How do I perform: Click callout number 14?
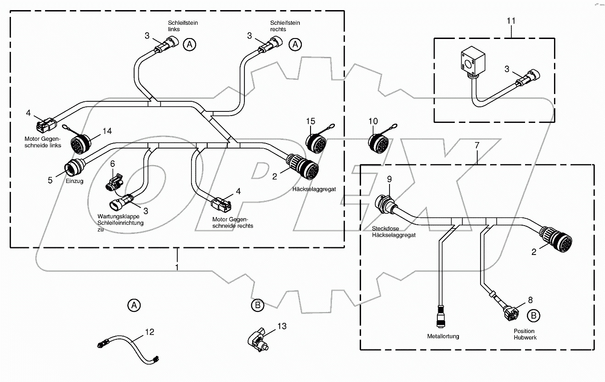click(107, 131)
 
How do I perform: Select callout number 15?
click(311, 121)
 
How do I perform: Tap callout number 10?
click(373, 121)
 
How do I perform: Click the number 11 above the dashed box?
click(511, 21)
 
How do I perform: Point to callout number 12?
click(150, 332)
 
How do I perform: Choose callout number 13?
click(282, 326)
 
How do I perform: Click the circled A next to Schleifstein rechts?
click(295, 44)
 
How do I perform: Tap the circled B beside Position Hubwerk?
click(533, 316)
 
